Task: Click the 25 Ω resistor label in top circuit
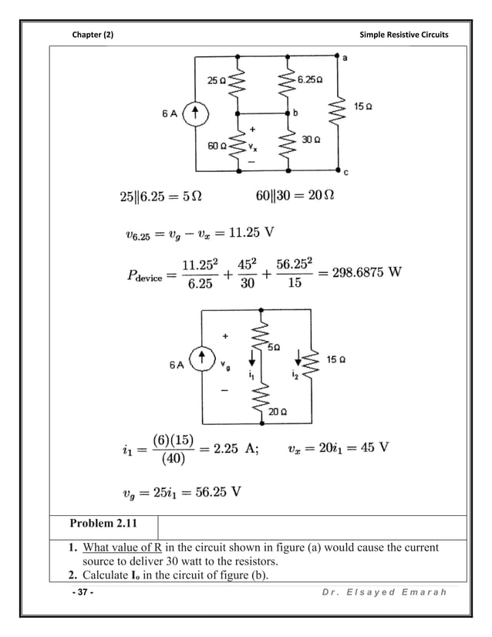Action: (x=215, y=80)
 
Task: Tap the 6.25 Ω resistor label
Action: (x=311, y=79)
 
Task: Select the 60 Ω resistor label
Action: (x=215, y=144)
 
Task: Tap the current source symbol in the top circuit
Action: (x=197, y=114)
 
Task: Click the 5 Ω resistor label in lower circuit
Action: (x=274, y=348)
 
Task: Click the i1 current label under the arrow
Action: (x=251, y=376)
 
